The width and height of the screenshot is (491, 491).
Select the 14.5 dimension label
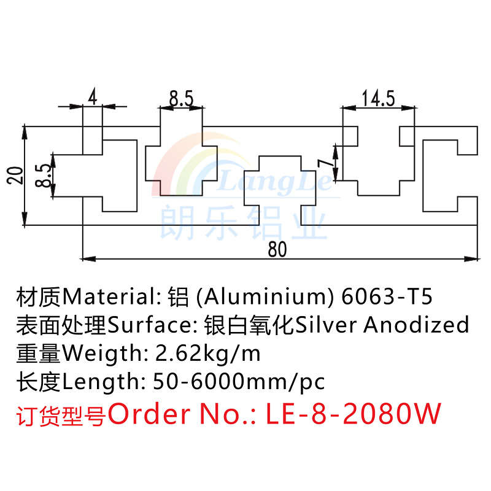[379, 99]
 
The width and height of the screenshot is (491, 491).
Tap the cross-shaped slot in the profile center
[281, 180]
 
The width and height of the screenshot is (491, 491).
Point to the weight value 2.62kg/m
[209, 354]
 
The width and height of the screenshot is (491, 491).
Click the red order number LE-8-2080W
[354, 414]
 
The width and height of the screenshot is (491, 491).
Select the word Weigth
[101, 354]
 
